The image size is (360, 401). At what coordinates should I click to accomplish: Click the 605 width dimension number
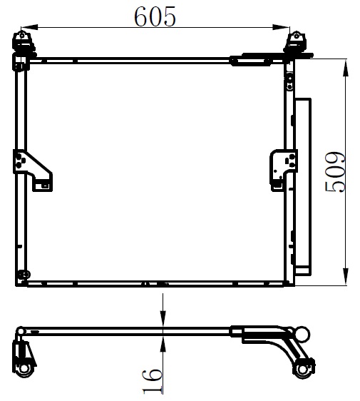pyautogui.click(x=155, y=16)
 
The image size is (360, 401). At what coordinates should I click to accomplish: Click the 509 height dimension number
pyautogui.click(x=335, y=172)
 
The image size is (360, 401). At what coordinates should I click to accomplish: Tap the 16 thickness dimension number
pyautogui.click(x=153, y=381)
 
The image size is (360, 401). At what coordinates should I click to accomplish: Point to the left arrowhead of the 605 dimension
pyautogui.click(x=29, y=27)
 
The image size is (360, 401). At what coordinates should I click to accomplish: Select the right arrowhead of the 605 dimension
pyautogui.click(x=282, y=27)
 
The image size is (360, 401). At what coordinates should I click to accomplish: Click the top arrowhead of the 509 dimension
pyautogui.click(x=346, y=68)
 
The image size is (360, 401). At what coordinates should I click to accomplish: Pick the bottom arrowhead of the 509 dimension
pyautogui.click(x=346, y=276)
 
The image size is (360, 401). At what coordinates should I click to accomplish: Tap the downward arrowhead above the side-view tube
pyautogui.click(x=163, y=319)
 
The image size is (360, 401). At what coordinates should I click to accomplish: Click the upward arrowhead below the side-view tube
pyautogui.click(x=163, y=343)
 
